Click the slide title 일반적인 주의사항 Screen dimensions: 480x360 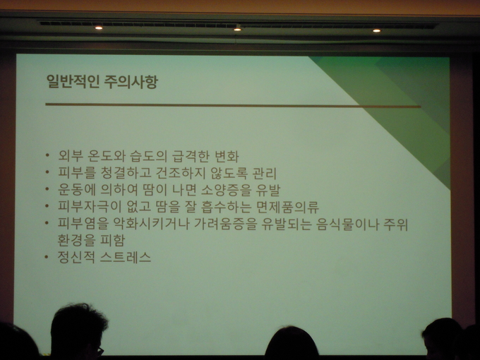102,82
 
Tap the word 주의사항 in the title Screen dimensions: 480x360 131,82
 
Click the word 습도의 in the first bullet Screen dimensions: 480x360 148,156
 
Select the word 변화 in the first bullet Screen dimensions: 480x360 227,156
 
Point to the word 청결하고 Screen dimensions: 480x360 126,173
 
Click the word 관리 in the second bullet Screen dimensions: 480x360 264,173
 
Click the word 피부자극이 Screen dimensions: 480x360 90,206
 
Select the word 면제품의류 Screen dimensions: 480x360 287,207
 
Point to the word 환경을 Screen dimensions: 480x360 76,240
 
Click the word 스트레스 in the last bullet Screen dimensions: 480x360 126,257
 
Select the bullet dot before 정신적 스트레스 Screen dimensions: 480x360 47,256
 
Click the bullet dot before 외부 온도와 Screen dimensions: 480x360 47,155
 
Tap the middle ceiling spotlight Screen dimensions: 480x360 237,30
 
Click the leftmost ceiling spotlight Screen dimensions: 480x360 99,28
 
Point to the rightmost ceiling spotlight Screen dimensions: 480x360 376,30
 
